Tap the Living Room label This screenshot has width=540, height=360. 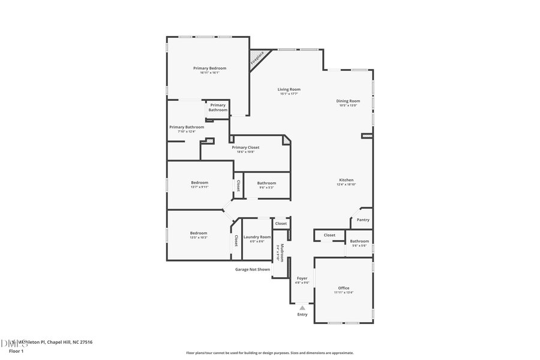pos(289,89)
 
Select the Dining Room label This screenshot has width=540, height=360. pos(348,101)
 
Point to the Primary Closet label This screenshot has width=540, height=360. pos(245,147)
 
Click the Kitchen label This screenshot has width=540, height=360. pos(346,180)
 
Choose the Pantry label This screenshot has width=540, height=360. pos(363,220)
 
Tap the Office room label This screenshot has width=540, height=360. pos(343,288)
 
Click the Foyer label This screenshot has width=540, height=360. pos(302,278)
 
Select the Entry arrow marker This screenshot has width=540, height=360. pos(302,308)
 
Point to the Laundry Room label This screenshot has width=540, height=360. pos(257,237)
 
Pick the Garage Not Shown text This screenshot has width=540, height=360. pos(252,269)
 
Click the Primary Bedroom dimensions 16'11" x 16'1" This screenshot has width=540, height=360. pos(209,73)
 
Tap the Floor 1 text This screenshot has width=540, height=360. pos(16,350)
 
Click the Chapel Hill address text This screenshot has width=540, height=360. pos(54,342)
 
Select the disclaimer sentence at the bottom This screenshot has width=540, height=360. pos(269,353)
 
